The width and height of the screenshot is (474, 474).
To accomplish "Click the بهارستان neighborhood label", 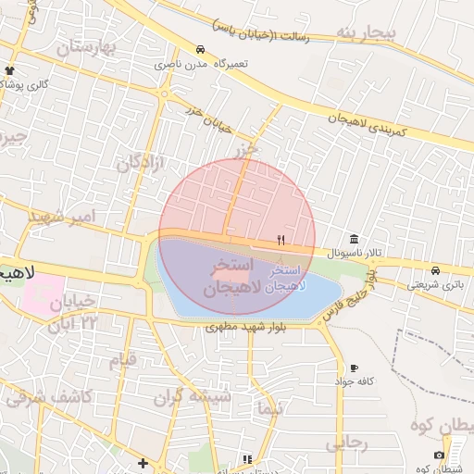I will coord(89,47).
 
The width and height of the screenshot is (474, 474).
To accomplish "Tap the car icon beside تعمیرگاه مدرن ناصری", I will coord(200,50).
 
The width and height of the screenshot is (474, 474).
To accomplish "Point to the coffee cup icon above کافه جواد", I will coord(355,368).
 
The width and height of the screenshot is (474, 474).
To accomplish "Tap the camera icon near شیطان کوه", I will coord(438,455).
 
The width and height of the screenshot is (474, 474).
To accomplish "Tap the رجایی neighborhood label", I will coord(346,443).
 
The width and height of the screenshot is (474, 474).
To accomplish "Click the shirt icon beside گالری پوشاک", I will coord(10,70).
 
